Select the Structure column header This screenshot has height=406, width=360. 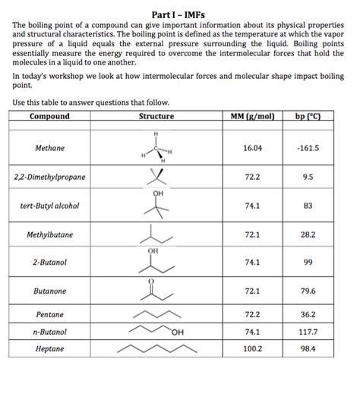pyautogui.click(x=156, y=116)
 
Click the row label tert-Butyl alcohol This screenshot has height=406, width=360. pyautogui.click(x=49, y=206)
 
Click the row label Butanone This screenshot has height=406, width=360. pyautogui.click(x=49, y=291)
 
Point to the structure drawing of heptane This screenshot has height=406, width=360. pyautogui.click(x=156, y=349)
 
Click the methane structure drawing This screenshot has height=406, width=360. pyautogui.click(x=156, y=149)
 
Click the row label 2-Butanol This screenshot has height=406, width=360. pyautogui.click(x=49, y=262)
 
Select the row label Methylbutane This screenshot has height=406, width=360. pyautogui.click(x=49, y=235)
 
